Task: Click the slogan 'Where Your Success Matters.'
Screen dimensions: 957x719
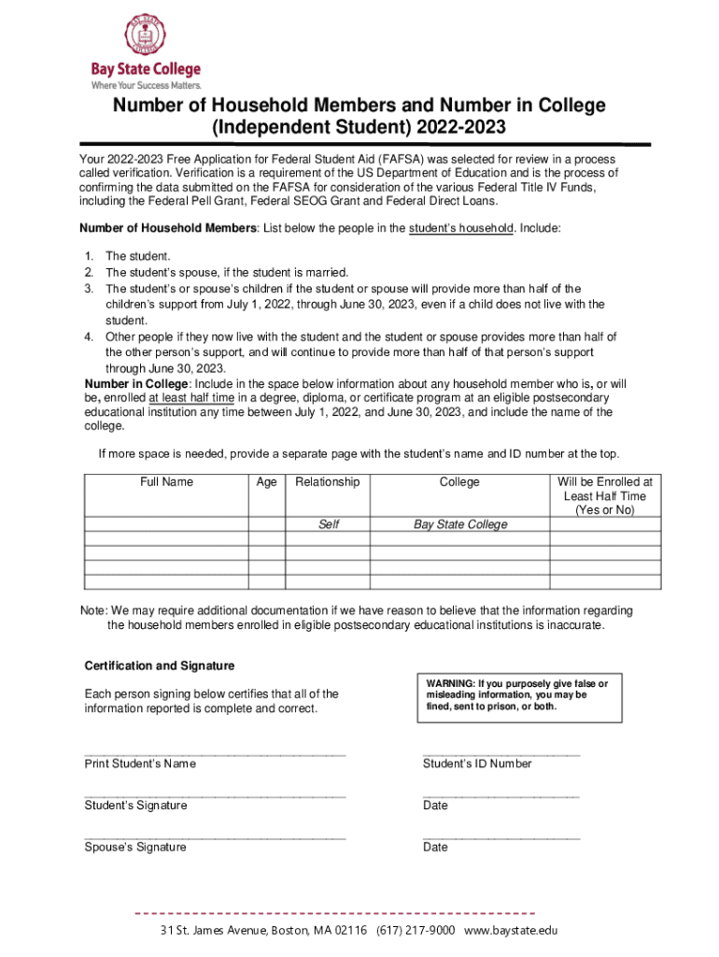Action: (146, 84)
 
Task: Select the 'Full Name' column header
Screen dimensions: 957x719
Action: (166, 482)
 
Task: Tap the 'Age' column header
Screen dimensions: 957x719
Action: (266, 482)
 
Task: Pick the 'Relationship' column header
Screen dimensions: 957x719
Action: (327, 482)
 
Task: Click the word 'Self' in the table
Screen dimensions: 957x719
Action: (328, 524)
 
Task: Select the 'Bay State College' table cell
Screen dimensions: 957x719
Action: (460, 524)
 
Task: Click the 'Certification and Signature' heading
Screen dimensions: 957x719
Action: (160, 666)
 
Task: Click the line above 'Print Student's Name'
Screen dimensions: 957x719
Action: (215, 753)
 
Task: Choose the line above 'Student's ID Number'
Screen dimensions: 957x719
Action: (500, 753)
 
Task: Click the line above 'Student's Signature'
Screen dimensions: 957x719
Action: (215, 795)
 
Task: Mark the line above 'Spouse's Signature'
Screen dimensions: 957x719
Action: (215, 837)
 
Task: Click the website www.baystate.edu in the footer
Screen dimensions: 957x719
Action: (510, 931)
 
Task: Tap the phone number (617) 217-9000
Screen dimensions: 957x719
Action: (416, 931)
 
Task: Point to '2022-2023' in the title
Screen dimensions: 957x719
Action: (454, 127)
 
